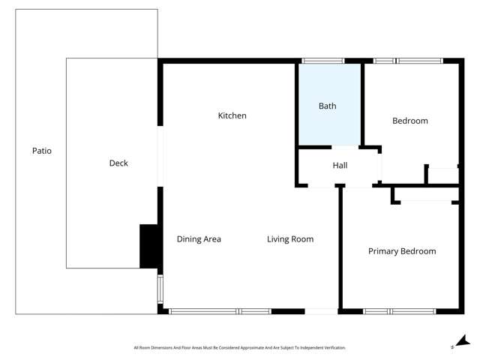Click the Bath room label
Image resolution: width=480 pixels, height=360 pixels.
[x=327, y=106]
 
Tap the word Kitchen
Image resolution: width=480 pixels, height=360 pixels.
[x=232, y=115]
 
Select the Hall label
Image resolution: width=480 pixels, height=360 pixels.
[x=340, y=166]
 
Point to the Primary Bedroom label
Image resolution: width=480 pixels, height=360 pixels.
[x=401, y=251]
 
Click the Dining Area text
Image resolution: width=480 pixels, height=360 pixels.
[x=199, y=239]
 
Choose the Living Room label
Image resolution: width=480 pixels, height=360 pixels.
[x=290, y=239]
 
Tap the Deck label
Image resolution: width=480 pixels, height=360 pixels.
[x=118, y=163]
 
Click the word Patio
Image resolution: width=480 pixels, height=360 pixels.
[x=42, y=151]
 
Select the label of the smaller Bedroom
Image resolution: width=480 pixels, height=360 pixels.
[x=410, y=121]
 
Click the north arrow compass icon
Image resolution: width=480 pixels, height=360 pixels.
[x=463, y=340]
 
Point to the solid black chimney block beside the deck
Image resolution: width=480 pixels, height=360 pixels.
[x=149, y=246]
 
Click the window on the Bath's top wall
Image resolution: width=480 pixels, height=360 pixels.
[x=322, y=61]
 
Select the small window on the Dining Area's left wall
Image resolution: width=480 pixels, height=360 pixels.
[x=159, y=289]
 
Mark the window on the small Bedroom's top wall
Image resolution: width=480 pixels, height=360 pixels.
[x=408, y=61]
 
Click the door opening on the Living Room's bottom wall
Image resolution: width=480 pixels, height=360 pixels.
[x=321, y=310]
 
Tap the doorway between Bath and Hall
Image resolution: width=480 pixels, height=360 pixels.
[x=328, y=147]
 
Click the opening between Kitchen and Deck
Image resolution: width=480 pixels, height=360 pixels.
[x=160, y=156]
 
